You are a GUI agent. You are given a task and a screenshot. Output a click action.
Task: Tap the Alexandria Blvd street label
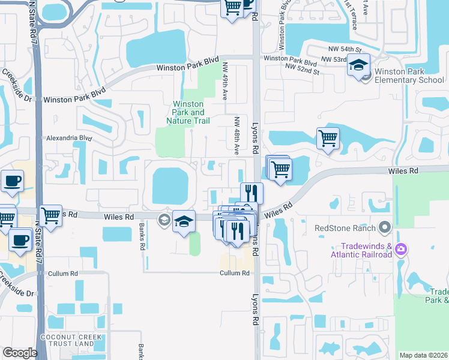pos(70,137)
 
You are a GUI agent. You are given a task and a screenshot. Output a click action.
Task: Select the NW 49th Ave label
pos(225,82)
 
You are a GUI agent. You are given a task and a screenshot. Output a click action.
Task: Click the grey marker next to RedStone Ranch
pos(385,227)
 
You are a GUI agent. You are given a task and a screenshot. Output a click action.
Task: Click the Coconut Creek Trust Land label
pos(67,340)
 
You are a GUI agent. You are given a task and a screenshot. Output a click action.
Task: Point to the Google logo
pos(20,353)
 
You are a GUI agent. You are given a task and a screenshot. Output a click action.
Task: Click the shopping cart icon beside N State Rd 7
pos(50,215)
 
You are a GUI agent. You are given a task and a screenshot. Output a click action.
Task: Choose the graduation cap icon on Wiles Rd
pos(184,221)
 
